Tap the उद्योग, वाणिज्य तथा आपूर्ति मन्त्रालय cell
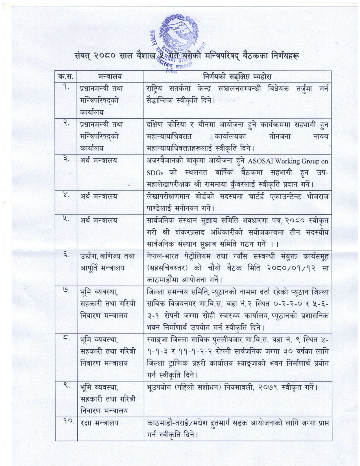tap(107, 263)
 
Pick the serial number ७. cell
tap(66, 291)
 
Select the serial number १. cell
tap(66, 88)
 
